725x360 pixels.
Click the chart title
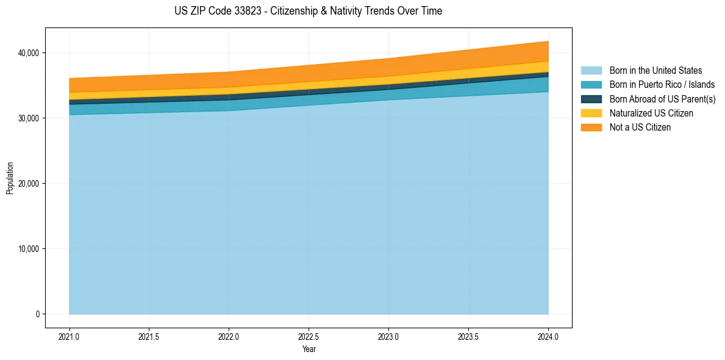(x=308, y=11)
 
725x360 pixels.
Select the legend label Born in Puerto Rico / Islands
(x=662, y=85)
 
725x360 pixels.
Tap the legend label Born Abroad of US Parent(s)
(x=662, y=99)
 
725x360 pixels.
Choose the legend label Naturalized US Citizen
(x=651, y=113)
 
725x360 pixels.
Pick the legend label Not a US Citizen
(x=640, y=128)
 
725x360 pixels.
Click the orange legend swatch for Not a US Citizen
(x=591, y=128)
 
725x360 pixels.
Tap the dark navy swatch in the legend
(x=591, y=99)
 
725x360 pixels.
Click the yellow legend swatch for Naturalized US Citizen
(x=591, y=113)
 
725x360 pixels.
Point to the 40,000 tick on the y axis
(x=29, y=53)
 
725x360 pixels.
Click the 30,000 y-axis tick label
(x=29, y=118)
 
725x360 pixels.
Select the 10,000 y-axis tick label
(x=29, y=249)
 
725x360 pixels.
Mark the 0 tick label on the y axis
(x=37, y=314)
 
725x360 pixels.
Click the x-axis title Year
(x=309, y=349)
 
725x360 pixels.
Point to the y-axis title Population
(x=10, y=178)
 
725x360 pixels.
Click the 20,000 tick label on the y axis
(x=29, y=184)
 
